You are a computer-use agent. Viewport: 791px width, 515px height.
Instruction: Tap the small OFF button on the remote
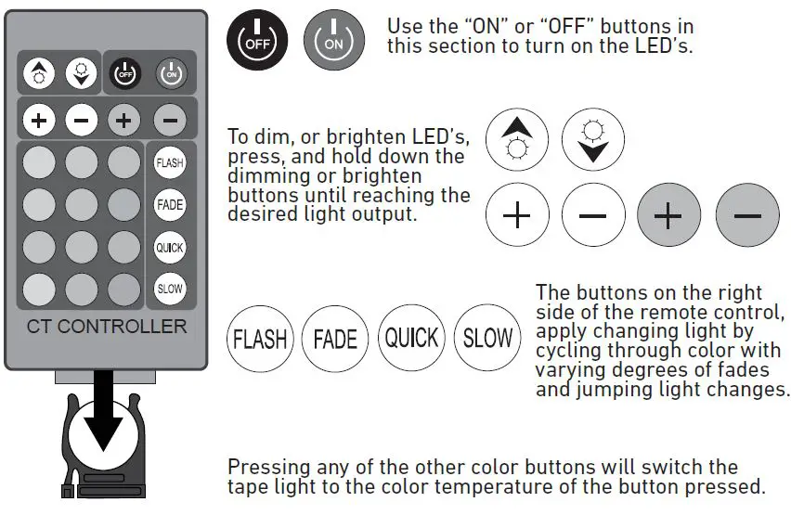(123, 73)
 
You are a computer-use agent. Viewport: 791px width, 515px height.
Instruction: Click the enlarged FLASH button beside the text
(260, 337)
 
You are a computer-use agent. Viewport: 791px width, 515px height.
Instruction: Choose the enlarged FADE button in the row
(335, 337)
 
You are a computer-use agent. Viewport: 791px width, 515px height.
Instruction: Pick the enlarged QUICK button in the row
(411, 337)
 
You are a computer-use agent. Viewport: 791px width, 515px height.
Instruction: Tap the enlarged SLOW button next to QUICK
(487, 337)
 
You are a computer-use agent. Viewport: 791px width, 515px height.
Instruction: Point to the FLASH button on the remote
(170, 163)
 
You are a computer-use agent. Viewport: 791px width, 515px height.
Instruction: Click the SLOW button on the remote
(170, 289)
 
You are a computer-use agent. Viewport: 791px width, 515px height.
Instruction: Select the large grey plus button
(668, 215)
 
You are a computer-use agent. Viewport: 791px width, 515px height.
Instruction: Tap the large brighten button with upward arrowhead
(517, 140)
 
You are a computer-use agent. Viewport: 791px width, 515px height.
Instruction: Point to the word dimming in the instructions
(266, 176)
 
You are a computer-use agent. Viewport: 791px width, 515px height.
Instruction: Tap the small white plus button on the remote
(39, 120)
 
